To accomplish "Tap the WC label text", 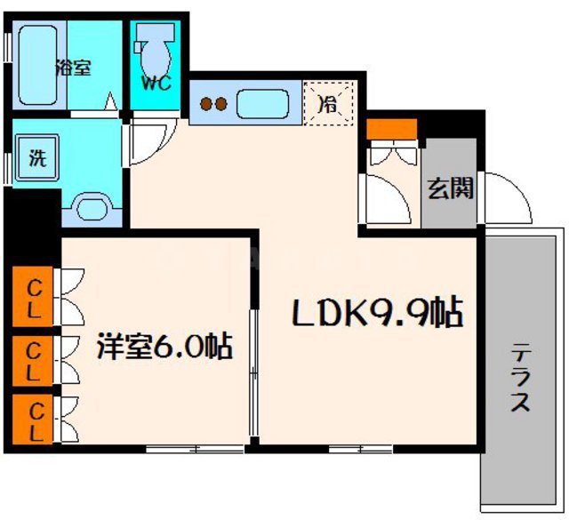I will tap(156, 85).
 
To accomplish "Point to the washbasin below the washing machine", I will tap(92, 209).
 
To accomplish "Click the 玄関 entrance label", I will tap(450, 188).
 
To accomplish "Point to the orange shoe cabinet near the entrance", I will tap(391, 129).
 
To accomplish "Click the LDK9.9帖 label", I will tap(378, 313).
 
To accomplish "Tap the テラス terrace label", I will tap(520, 378).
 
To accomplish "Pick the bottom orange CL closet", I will tap(33, 420).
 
